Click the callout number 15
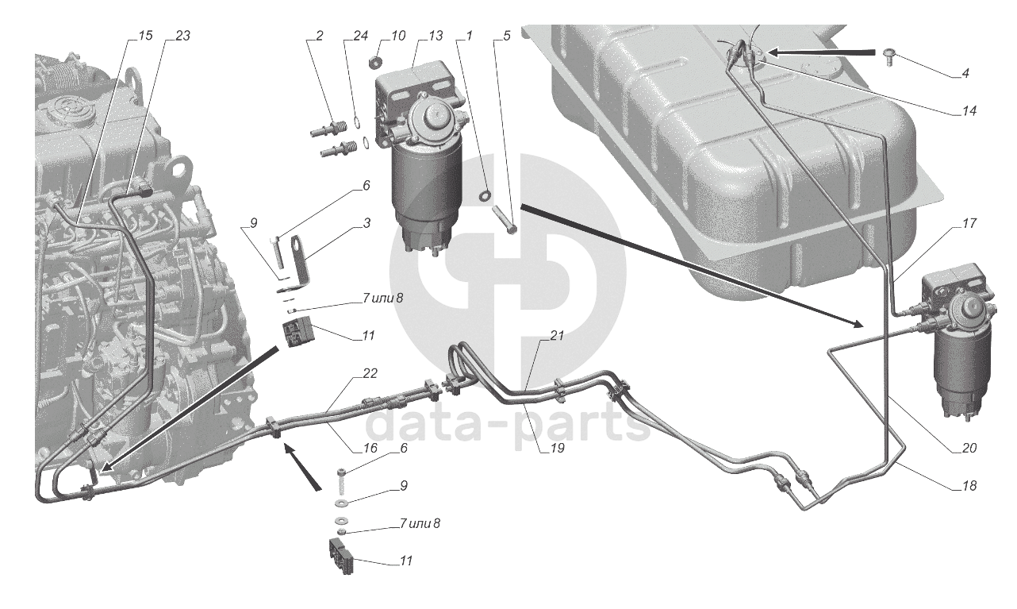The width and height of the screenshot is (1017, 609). (x=145, y=36)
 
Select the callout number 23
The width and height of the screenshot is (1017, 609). (x=182, y=36)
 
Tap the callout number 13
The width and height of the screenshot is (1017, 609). (x=435, y=36)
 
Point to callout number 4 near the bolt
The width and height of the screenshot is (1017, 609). (x=965, y=73)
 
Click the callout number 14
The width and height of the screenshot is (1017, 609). (x=969, y=111)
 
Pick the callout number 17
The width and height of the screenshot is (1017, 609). (x=969, y=223)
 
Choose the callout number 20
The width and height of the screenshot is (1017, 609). (x=969, y=448)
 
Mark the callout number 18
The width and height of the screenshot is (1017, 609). (x=969, y=486)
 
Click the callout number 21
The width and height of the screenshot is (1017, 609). (x=557, y=335)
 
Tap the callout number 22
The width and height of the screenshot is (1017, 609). (x=370, y=373)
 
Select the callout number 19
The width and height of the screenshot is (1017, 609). (x=557, y=448)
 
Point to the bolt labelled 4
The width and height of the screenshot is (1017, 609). (x=888, y=59)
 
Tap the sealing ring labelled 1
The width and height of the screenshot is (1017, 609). (x=485, y=196)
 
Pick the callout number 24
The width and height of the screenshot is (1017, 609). (x=360, y=36)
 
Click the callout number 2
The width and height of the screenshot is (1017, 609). (x=319, y=36)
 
